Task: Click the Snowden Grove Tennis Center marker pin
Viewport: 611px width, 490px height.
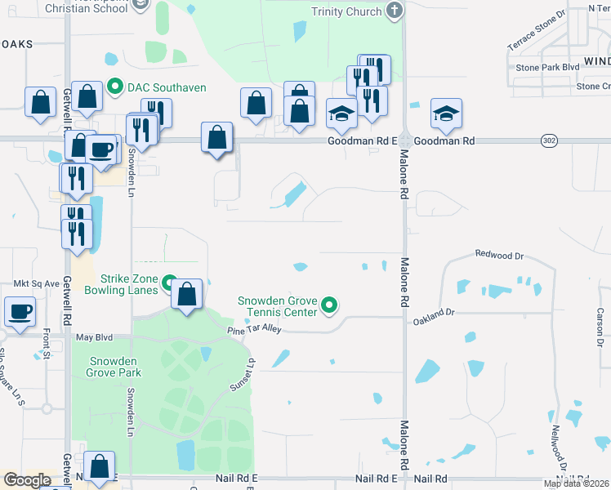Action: click(329, 305)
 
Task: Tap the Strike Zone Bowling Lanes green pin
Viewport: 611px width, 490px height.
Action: click(170, 284)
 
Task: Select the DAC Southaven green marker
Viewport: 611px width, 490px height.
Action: click(115, 87)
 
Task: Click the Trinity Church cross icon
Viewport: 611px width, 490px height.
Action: click(395, 11)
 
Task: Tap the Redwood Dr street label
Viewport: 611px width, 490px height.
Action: click(499, 256)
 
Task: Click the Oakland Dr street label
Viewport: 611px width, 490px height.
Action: click(432, 312)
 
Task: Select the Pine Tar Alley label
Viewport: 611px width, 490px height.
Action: click(254, 328)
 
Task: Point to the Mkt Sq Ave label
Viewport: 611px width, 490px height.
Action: click(37, 283)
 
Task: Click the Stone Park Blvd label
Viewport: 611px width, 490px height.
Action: click(543, 67)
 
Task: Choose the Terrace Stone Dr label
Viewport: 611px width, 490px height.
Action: click(536, 31)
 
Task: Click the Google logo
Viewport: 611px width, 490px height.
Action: click(27, 480)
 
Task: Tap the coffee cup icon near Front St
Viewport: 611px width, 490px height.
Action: click(20, 311)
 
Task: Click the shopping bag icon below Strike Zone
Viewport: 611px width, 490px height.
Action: click(187, 293)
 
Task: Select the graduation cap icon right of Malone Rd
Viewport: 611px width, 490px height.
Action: click(446, 114)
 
